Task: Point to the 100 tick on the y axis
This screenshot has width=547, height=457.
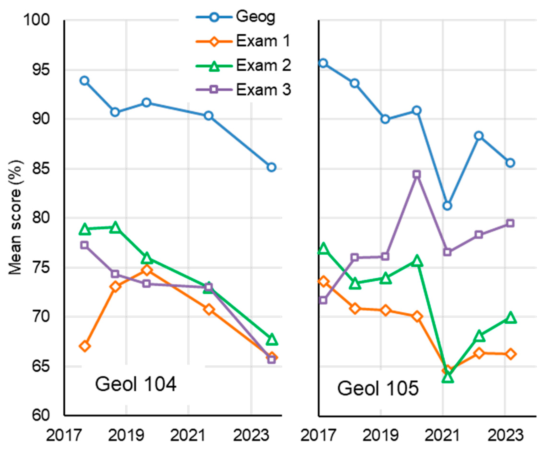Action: coord(37,20)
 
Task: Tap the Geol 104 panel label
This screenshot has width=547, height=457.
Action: coord(136,384)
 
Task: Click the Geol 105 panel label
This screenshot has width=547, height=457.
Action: coord(378,388)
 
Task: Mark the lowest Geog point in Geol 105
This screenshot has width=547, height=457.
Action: coord(447,206)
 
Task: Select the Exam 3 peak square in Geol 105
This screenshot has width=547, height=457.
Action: coord(417,174)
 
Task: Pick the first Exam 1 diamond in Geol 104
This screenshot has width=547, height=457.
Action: coord(85,346)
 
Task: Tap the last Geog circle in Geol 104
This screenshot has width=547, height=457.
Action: coord(271,167)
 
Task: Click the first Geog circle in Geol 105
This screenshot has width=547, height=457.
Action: coord(323,63)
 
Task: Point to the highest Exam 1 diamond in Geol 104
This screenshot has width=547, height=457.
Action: coord(147,270)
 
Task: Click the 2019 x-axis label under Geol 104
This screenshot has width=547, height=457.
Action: coord(126,435)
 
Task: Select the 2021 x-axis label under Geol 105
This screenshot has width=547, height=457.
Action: coord(443,435)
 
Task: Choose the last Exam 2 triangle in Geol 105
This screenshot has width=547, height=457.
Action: coord(510,318)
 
